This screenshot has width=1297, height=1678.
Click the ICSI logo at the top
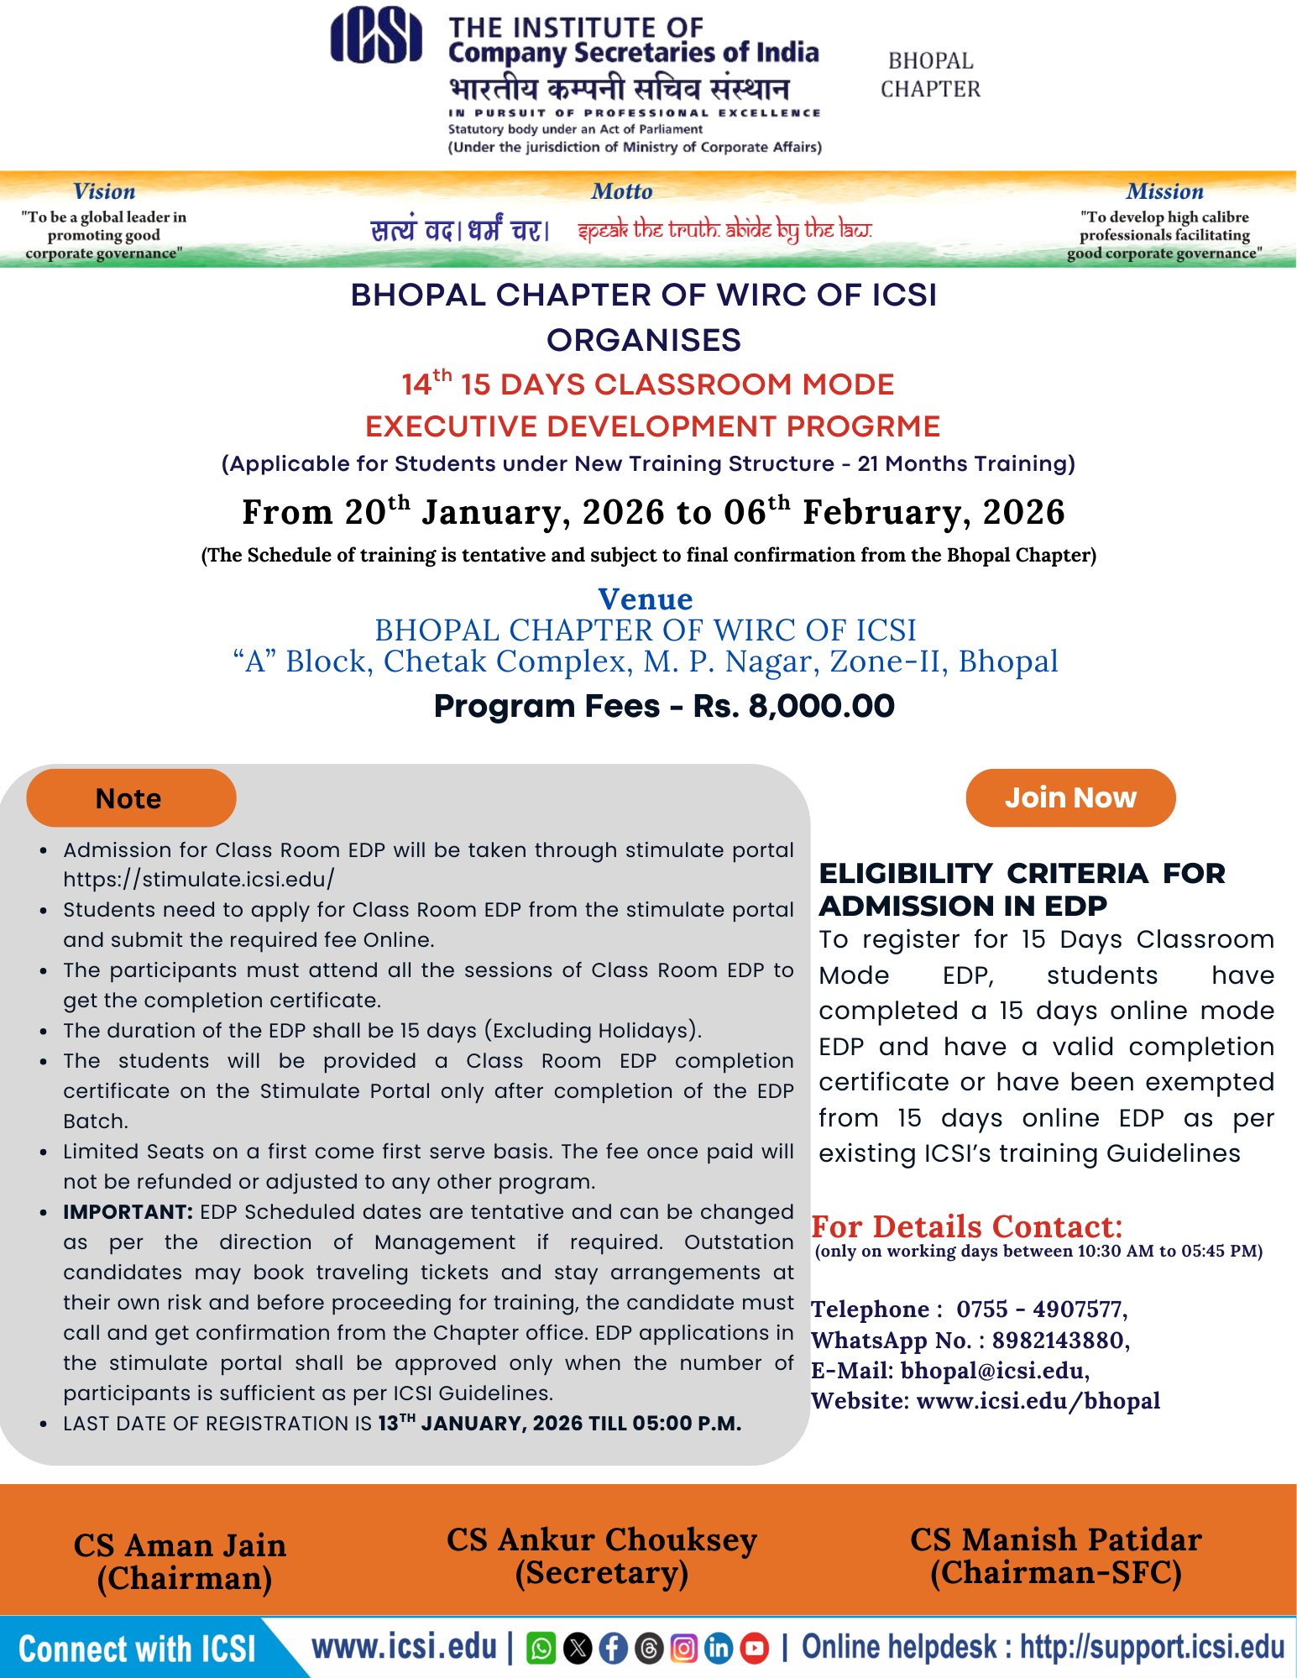[375, 35]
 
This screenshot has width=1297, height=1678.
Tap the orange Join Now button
[1070, 797]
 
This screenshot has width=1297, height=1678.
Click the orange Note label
[130, 798]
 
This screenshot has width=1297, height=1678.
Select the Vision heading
[104, 191]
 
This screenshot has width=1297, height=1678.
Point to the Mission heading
[1164, 191]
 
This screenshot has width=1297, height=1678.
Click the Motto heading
[622, 191]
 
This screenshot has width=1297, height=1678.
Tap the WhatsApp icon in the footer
[541, 1649]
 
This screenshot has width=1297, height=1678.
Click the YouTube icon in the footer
[754, 1649]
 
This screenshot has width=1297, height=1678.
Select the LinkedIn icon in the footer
[719, 1649]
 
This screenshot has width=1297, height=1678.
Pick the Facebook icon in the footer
[613, 1649]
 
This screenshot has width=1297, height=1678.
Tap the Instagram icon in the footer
[683, 1649]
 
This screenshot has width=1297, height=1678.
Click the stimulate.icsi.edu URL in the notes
[199, 880]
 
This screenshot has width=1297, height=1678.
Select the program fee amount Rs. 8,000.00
[793, 706]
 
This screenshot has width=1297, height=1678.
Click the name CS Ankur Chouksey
[602, 1540]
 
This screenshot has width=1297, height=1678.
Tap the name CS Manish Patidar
[1056, 1540]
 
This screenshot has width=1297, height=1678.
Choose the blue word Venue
[645, 599]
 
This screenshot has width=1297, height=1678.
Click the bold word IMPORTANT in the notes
[128, 1212]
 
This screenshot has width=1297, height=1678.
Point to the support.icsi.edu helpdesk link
[1152, 1648]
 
